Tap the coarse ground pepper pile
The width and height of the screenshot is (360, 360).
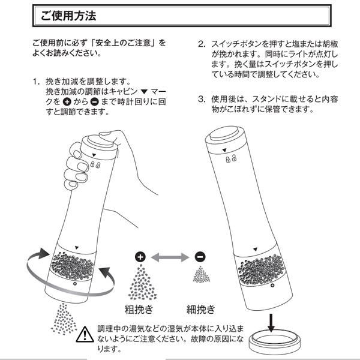[x=140, y=284]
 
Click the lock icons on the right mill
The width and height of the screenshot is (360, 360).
[x=229, y=160]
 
